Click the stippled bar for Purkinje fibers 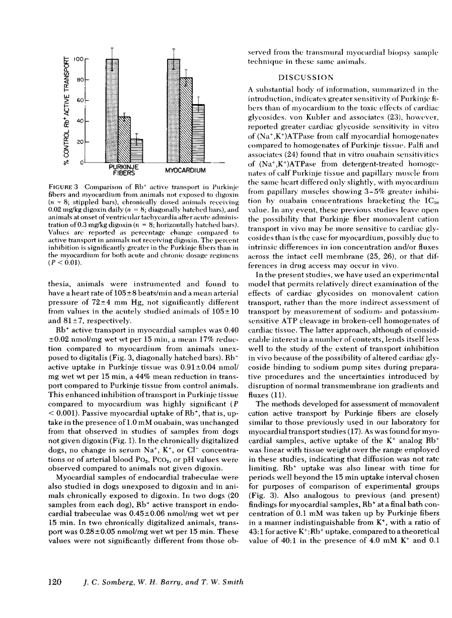(112, 111)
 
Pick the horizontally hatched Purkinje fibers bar (136, 150)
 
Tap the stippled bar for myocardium (174, 111)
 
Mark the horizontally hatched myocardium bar (198, 133)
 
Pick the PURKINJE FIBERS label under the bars (124, 170)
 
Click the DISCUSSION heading (305, 78)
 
